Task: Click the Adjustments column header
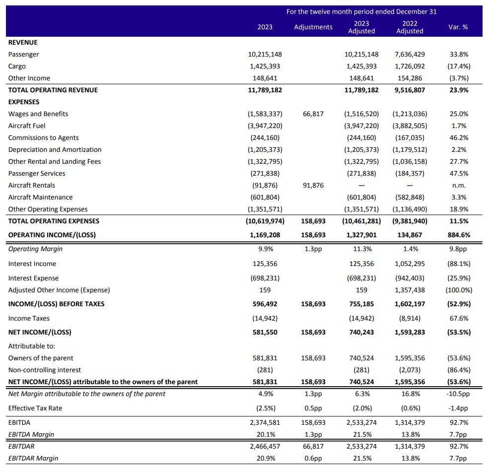[x=313, y=27]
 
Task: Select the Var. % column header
[x=458, y=27]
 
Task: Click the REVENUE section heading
[x=23, y=43]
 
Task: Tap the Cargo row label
[x=17, y=66]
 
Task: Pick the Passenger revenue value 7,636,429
[x=410, y=55]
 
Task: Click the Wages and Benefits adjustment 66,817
[x=313, y=114]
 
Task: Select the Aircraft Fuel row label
[x=27, y=126]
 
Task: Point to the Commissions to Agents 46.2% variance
[x=459, y=138]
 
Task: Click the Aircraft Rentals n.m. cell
[x=459, y=186]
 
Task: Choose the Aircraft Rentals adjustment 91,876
[x=313, y=186]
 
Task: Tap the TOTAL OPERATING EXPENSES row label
[x=54, y=221]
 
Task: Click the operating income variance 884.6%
[x=459, y=235]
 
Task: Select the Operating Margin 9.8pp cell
[x=458, y=249]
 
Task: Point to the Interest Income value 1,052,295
[x=410, y=264]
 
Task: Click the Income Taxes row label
[x=29, y=319]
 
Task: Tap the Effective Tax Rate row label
[x=35, y=408]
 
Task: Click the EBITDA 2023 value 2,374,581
[x=265, y=423]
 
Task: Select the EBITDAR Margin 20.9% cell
[x=266, y=459]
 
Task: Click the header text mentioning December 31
[x=361, y=12]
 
